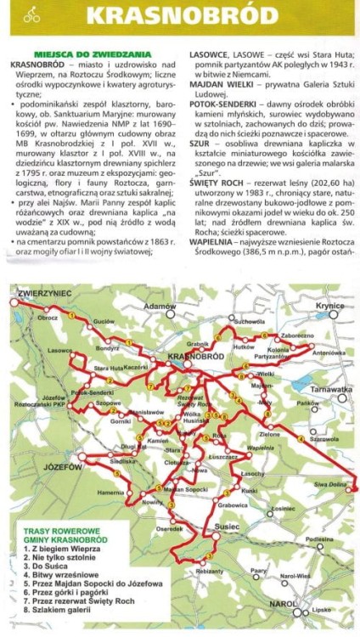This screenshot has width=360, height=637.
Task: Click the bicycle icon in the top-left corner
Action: coord(31,14)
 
